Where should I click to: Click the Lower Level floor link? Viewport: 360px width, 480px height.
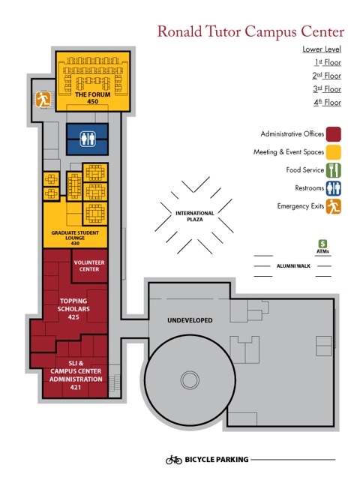tap(322, 49)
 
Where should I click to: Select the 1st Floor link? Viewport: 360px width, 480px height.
tap(328, 62)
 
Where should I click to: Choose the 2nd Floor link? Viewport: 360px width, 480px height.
tap(327, 76)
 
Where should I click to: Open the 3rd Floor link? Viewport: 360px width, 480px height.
tap(327, 89)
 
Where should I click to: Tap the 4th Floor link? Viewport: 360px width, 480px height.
tap(327, 103)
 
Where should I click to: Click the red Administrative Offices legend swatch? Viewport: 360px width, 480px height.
tap(333, 134)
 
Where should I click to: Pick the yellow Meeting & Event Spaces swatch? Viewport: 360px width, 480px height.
tap(333, 152)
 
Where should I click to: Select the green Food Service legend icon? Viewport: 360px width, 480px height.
tap(333, 170)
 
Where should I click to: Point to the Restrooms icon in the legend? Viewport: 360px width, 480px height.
tap(333, 188)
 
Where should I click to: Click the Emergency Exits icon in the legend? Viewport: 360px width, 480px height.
tap(333, 206)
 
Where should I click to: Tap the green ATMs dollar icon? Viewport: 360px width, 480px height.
tap(322, 244)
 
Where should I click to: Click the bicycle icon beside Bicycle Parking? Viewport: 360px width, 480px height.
tap(173, 460)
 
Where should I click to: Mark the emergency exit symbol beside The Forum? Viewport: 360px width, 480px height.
tap(43, 100)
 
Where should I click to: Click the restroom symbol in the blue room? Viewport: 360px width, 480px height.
tap(88, 139)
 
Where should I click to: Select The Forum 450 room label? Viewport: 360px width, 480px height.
tap(93, 98)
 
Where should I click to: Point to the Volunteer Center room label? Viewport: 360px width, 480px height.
tap(89, 265)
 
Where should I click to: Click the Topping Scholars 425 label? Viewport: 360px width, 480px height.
tap(73, 309)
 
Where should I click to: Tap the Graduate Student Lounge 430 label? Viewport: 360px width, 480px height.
tap(75, 238)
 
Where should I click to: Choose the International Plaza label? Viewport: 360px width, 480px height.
tap(195, 216)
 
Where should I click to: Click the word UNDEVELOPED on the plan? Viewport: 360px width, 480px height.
tap(190, 320)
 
